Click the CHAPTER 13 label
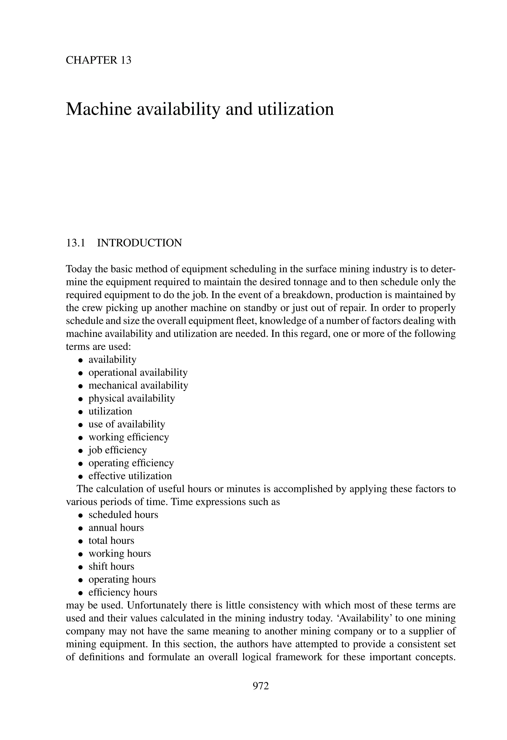point(98,60)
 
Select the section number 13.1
point(75,243)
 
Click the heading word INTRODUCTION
point(139,243)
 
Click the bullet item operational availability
point(138,372)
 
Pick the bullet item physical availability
point(131,398)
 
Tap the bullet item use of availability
point(127,424)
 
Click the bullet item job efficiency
point(118,450)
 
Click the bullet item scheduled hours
point(123,515)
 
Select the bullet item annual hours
point(116,528)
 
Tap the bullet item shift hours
point(111,566)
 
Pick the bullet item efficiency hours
point(123,592)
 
